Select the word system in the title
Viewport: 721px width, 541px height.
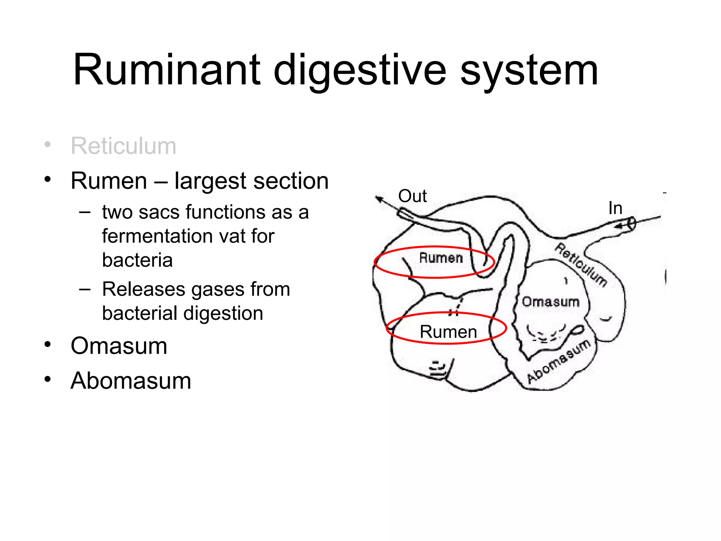point(529,70)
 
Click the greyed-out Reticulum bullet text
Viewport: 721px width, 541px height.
point(123,146)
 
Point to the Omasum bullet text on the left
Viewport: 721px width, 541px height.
point(119,346)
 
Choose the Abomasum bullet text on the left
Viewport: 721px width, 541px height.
point(131,381)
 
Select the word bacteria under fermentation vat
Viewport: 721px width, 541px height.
point(137,260)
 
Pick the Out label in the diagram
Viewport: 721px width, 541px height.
point(412,196)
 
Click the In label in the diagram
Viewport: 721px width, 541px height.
point(615,208)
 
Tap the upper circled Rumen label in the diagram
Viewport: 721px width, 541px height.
point(441,258)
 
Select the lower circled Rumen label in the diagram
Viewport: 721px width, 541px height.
point(448,332)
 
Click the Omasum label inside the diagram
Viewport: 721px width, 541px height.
point(550,302)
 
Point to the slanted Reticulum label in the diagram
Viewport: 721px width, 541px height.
point(581,265)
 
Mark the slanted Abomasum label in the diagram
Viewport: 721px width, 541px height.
point(559,361)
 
